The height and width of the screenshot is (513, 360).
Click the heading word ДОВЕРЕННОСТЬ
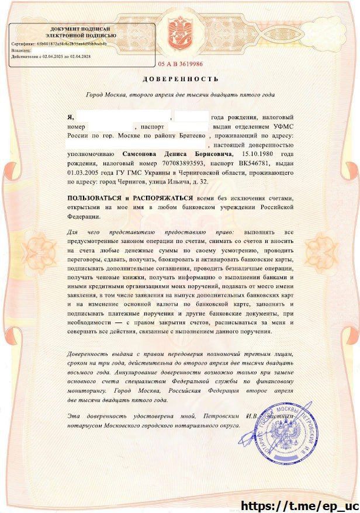coord(180,79)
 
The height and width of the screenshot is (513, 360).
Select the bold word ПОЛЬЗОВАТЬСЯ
coord(95,199)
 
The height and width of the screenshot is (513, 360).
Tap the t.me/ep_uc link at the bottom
coord(299,504)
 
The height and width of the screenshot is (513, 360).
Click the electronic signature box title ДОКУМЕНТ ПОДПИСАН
coord(79,29)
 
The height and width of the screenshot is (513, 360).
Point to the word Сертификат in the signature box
coord(23,43)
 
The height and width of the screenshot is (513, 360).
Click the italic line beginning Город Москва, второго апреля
coord(180,95)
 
